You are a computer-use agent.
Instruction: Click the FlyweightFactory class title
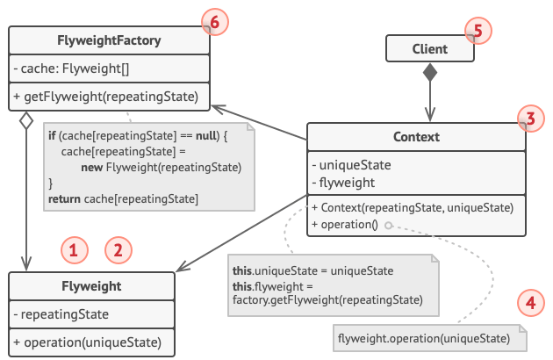point(110,40)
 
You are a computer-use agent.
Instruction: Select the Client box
point(429,49)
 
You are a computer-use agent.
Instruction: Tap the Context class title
point(417,138)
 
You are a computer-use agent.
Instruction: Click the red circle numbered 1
point(75,250)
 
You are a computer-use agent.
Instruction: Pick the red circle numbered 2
point(118,250)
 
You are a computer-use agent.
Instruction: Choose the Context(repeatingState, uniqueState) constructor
point(413,207)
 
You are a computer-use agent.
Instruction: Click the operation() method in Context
point(345,224)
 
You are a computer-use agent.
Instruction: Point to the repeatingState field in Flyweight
point(61,314)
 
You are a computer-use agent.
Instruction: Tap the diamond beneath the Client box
point(429,74)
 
